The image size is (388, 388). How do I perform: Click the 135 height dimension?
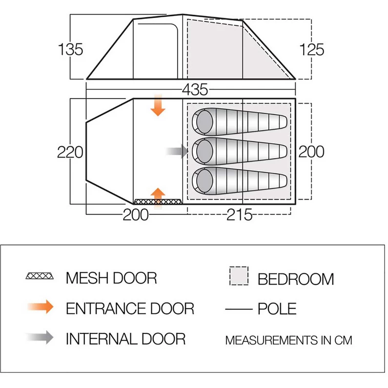[70, 49]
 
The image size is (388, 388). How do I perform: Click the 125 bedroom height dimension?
[311, 49]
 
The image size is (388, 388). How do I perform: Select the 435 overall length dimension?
[195, 89]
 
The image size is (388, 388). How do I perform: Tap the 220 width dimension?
[70, 152]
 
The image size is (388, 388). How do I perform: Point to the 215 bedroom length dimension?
[239, 215]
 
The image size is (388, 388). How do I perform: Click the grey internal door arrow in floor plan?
[177, 151]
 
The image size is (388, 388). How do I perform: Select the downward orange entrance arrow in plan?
[158, 105]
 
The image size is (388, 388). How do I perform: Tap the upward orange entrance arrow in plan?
[158, 198]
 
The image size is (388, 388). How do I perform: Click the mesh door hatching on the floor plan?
[158, 202]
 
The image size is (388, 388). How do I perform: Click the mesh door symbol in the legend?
[40, 276]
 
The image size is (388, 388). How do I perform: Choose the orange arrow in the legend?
[41, 307]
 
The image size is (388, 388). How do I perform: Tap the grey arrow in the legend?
[40, 337]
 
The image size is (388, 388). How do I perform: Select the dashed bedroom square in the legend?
[239, 276]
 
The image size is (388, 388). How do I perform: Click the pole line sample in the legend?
[239, 309]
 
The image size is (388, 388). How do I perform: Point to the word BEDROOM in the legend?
[296, 279]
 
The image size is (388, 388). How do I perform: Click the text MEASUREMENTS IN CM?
[288, 340]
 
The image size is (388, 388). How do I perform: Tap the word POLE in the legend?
[277, 308]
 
